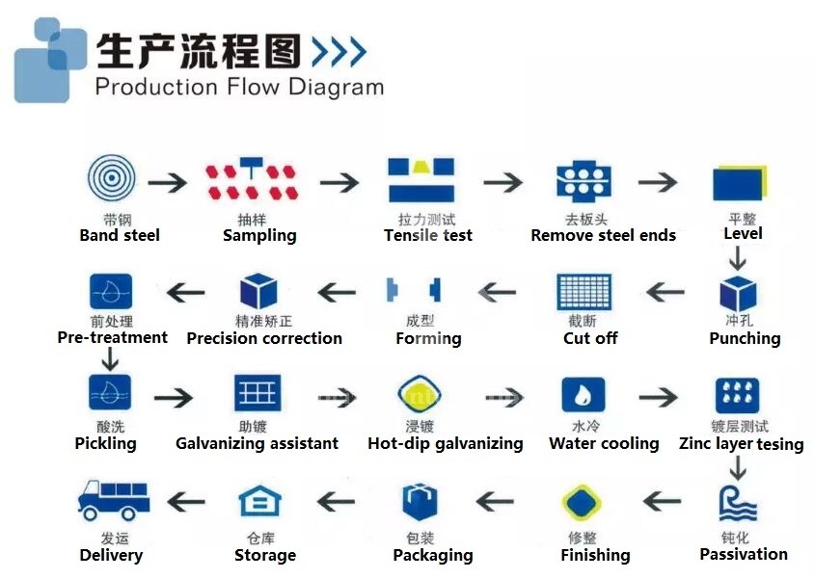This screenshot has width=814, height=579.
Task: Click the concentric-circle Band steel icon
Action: coord(111,179)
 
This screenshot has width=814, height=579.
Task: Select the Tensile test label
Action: coord(427,235)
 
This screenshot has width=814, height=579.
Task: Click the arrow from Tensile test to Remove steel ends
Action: coord(502,181)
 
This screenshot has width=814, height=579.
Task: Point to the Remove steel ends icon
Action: coord(584,182)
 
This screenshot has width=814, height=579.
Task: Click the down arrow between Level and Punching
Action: coord(737,257)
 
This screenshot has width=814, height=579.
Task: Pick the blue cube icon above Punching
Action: coord(738,292)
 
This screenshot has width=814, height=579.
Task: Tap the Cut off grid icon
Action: coord(584,292)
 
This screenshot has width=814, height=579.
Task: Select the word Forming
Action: coord(428,338)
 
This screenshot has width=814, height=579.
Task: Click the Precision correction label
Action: coord(264,338)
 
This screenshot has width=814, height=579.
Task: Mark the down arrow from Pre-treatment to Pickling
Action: coord(110,359)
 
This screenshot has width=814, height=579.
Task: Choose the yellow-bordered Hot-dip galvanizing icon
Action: coord(421,395)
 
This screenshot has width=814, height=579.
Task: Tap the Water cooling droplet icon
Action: coord(583,395)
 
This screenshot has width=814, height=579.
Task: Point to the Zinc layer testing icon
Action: coord(737,395)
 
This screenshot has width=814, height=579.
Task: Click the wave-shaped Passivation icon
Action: coord(737,504)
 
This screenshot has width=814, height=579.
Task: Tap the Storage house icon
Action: coord(259,502)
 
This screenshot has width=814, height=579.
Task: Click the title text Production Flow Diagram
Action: coord(239,87)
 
